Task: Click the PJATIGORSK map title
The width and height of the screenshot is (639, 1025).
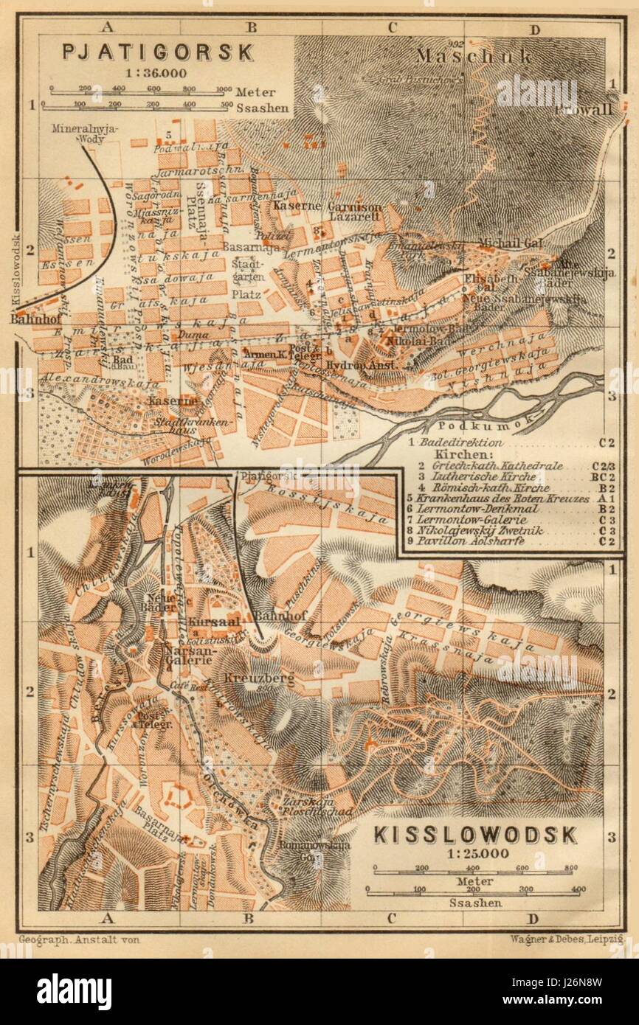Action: point(158,52)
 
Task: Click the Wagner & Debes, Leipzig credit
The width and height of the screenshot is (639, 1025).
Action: point(567,939)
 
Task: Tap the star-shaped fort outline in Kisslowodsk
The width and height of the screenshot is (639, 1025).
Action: point(177,798)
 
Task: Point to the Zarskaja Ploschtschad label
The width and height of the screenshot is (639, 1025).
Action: point(308,805)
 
